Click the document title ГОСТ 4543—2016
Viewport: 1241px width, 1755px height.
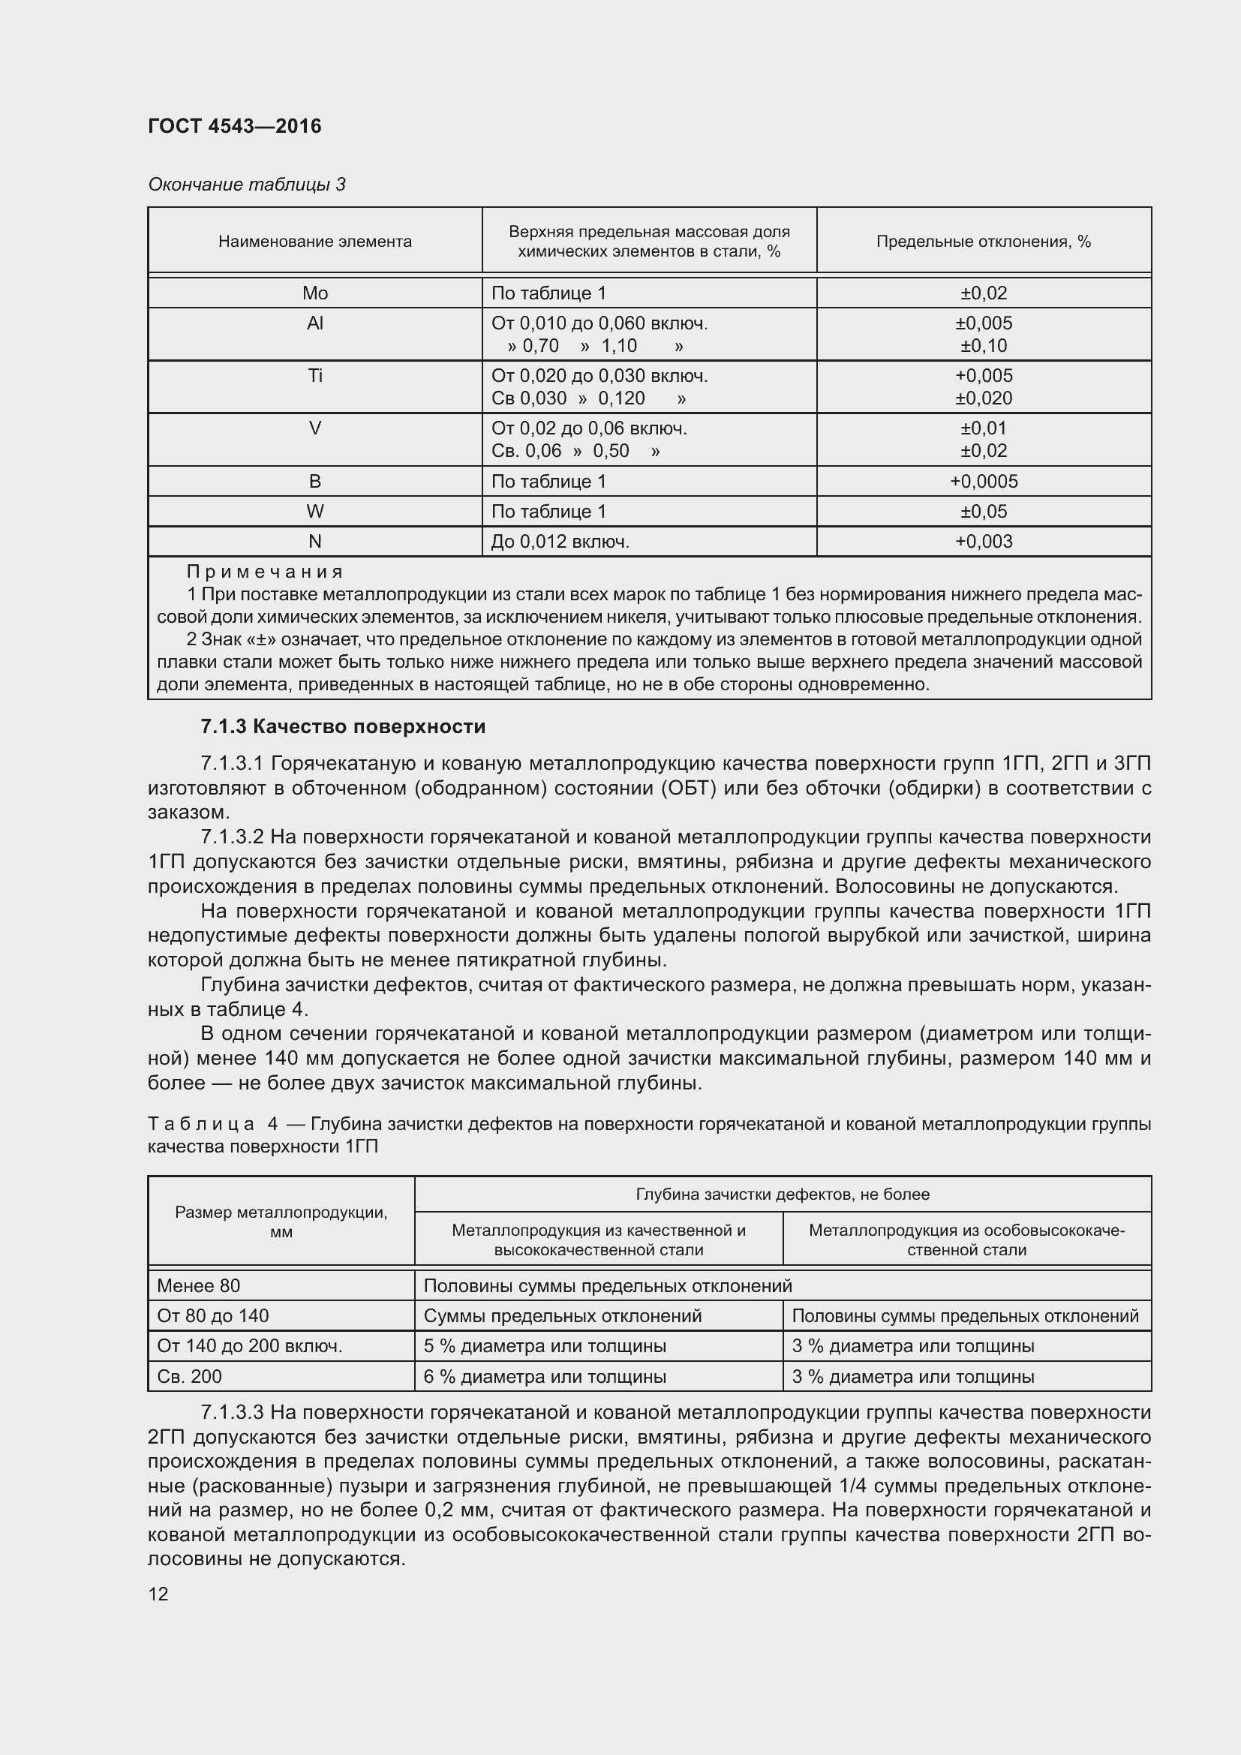[235, 126]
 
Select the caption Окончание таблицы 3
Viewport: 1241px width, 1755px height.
[246, 185]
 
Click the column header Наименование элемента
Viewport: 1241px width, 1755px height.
[315, 242]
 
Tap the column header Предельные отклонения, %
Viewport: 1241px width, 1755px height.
[984, 242]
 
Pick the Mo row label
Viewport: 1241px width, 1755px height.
[315, 293]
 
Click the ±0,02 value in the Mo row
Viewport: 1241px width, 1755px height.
[984, 293]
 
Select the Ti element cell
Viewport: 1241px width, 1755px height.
[315, 376]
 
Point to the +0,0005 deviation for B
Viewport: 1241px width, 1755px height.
[984, 482]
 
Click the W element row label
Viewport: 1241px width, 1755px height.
[315, 512]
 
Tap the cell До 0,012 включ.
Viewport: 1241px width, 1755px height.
[560, 542]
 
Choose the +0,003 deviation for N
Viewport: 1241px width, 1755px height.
[984, 542]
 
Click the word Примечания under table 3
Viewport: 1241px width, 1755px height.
[265, 572]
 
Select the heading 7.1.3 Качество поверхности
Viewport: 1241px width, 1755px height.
[343, 726]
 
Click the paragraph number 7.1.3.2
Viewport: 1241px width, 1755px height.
[232, 838]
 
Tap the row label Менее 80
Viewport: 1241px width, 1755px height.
[199, 1286]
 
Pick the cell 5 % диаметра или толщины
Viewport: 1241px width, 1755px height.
[545, 1346]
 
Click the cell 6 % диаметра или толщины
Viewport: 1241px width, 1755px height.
[545, 1377]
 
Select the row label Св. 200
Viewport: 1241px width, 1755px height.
[190, 1377]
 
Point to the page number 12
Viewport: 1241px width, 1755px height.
[158, 1594]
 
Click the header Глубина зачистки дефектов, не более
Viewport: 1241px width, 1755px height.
[783, 1195]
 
